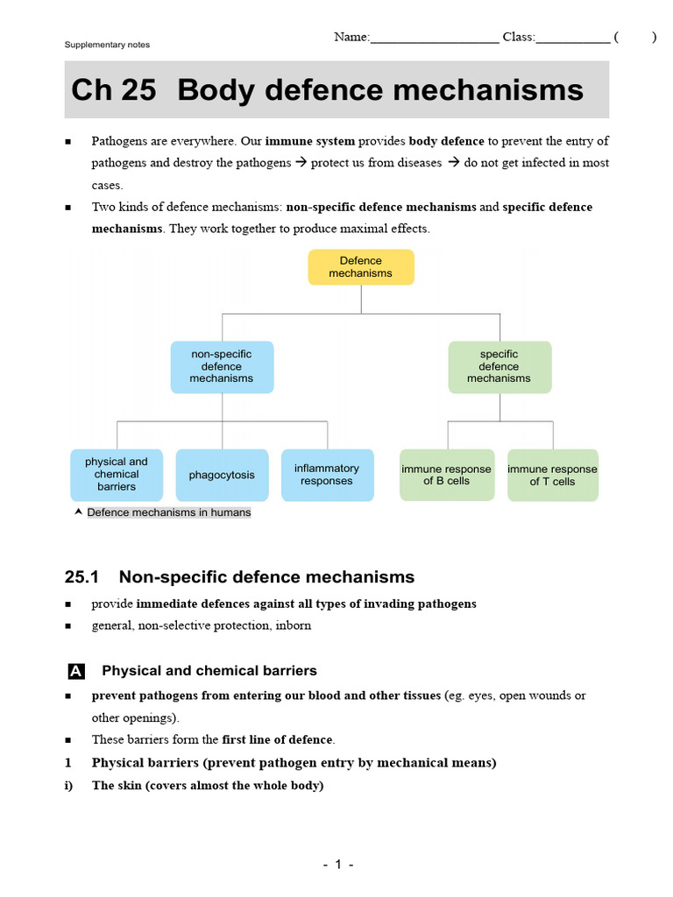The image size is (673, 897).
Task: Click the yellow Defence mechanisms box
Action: click(361, 267)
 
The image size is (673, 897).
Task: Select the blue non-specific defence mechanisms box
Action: click(222, 367)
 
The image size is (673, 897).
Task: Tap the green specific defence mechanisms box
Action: click(499, 367)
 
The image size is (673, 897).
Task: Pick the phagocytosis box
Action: click(222, 475)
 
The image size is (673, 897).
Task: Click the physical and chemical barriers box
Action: click(117, 475)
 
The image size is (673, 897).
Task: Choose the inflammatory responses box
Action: click(327, 475)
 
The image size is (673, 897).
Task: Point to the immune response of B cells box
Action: click(447, 475)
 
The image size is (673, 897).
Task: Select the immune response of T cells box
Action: click(553, 475)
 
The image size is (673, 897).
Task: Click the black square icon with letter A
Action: click(75, 672)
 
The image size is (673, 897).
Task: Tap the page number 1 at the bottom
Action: click(337, 865)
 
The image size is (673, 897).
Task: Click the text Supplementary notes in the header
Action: click(107, 45)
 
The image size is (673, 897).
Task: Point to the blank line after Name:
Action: click(435, 39)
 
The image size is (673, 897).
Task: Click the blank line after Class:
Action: click(572, 39)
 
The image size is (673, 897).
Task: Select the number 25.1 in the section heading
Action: click(83, 576)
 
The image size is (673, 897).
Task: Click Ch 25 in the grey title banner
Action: click(113, 90)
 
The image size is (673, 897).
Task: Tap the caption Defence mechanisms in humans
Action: click(169, 512)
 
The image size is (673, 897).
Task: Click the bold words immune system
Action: click(310, 141)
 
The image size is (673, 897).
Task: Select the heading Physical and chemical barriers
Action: click(209, 671)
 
